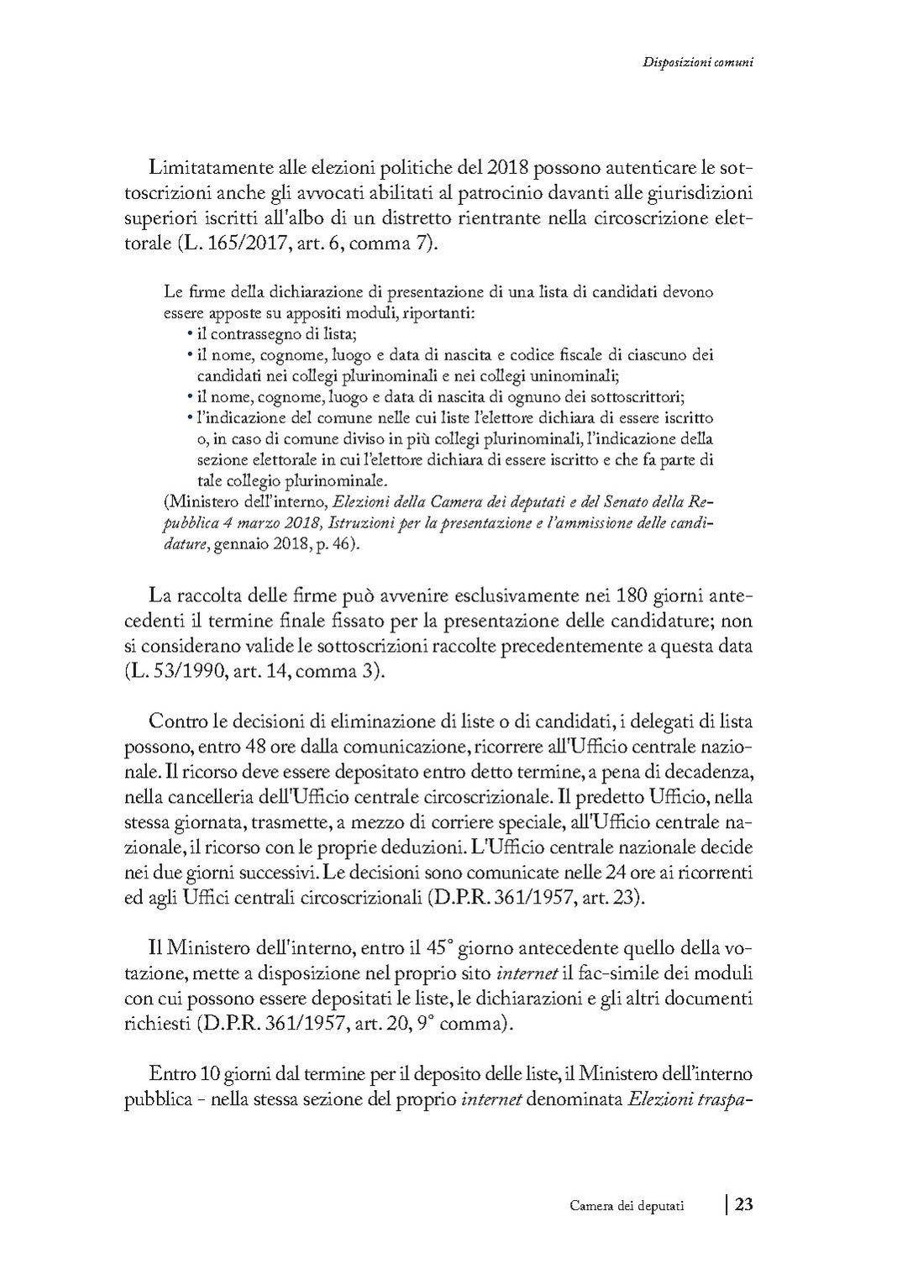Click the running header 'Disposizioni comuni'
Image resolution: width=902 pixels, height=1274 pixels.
(x=696, y=61)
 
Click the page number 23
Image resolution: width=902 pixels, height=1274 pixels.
(x=743, y=1204)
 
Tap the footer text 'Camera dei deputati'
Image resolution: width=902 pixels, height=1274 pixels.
(x=626, y=1206)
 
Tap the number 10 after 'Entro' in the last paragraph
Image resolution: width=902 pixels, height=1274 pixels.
(x=210, y=1073)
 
